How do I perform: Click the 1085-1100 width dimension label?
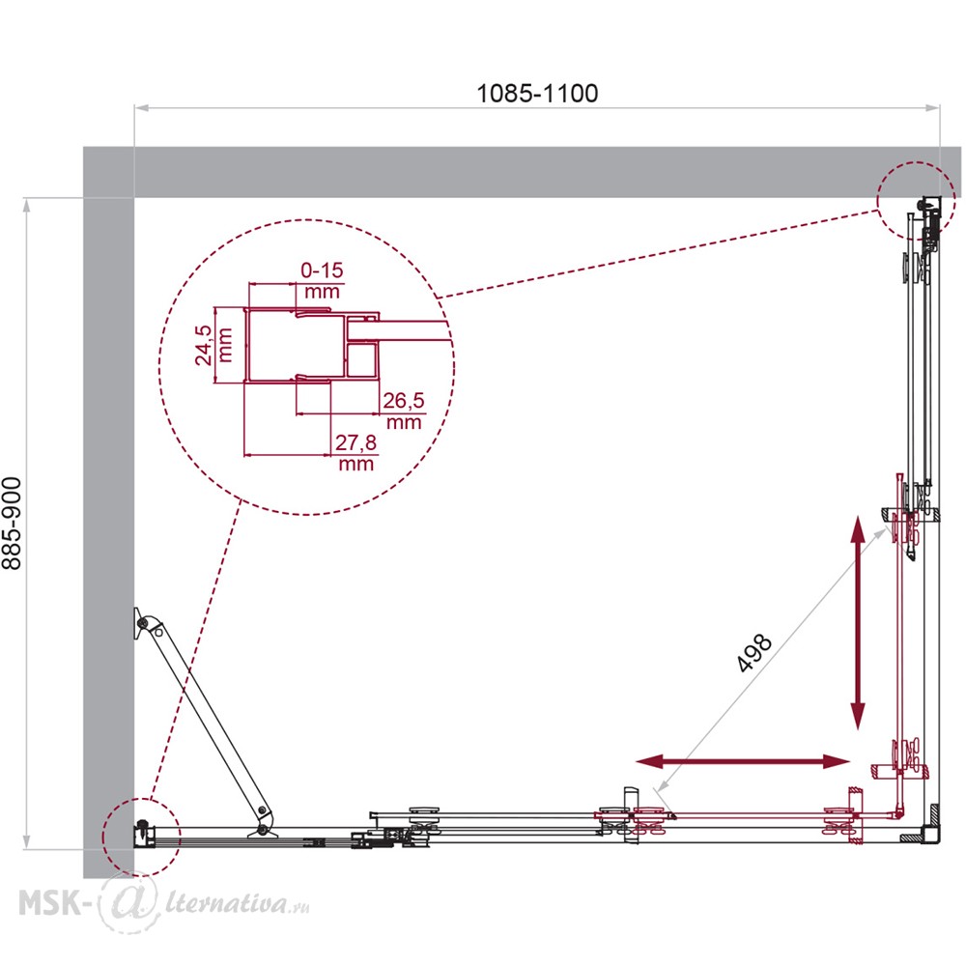click(x=537, y=93)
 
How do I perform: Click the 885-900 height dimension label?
click(x=12, y=523)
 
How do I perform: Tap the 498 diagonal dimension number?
click(x=753, y=652)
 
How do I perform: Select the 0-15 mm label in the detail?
click(x=322, y=280)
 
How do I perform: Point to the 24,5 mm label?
click(x=213, y=345)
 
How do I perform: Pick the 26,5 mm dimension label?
click(x=404, y=411)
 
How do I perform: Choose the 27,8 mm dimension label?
click(x=355, y=452)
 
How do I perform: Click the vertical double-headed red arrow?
click(x=858, y=623)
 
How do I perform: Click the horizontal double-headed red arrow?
click(x=743, y=761)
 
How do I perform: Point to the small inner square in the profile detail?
click(x=361, y=360)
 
